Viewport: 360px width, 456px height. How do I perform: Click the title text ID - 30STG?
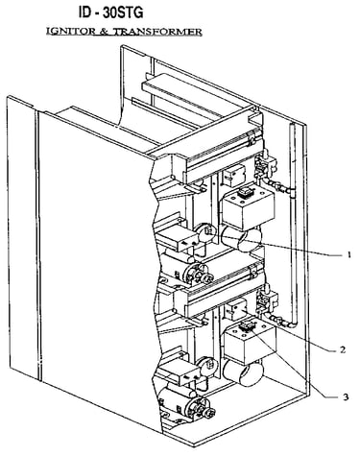(x=111, y=12)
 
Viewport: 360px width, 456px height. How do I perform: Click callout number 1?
(x=348, y=254)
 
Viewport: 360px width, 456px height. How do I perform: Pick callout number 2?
(x=343, y=349)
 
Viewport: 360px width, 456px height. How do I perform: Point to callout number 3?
(x=346, y=397)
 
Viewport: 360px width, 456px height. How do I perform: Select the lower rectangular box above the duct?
(x=250, y=342)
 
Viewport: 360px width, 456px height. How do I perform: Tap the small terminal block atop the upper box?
(x=246, y=193)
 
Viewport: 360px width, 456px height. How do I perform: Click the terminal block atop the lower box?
(x=248, y=326)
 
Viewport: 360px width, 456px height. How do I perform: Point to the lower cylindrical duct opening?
(x=243, y=372)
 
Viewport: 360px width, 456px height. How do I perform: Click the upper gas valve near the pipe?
(x=265, y=164)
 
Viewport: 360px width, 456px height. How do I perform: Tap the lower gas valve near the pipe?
(x=267, y=300)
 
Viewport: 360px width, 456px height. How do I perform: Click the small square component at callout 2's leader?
(x=236, y=309)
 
